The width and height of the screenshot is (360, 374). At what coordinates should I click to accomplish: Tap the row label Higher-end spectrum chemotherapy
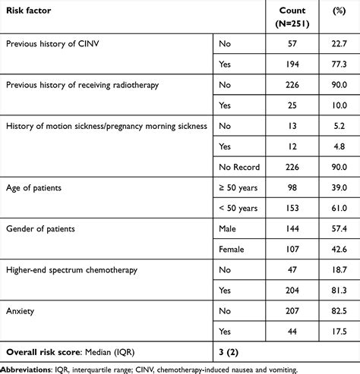pos(71,270)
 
